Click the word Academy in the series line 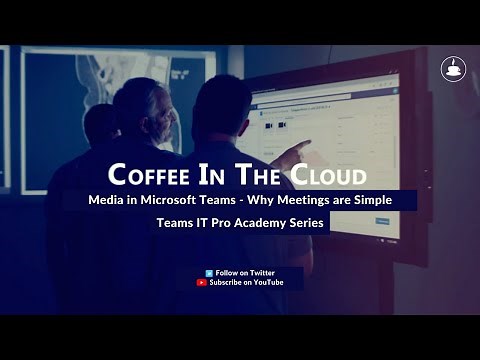268,224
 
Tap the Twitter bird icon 209,272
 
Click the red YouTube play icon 202,283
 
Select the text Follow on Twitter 245,272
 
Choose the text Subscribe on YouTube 247,283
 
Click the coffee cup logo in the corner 453,69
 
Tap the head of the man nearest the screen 221,105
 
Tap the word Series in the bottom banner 310,224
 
